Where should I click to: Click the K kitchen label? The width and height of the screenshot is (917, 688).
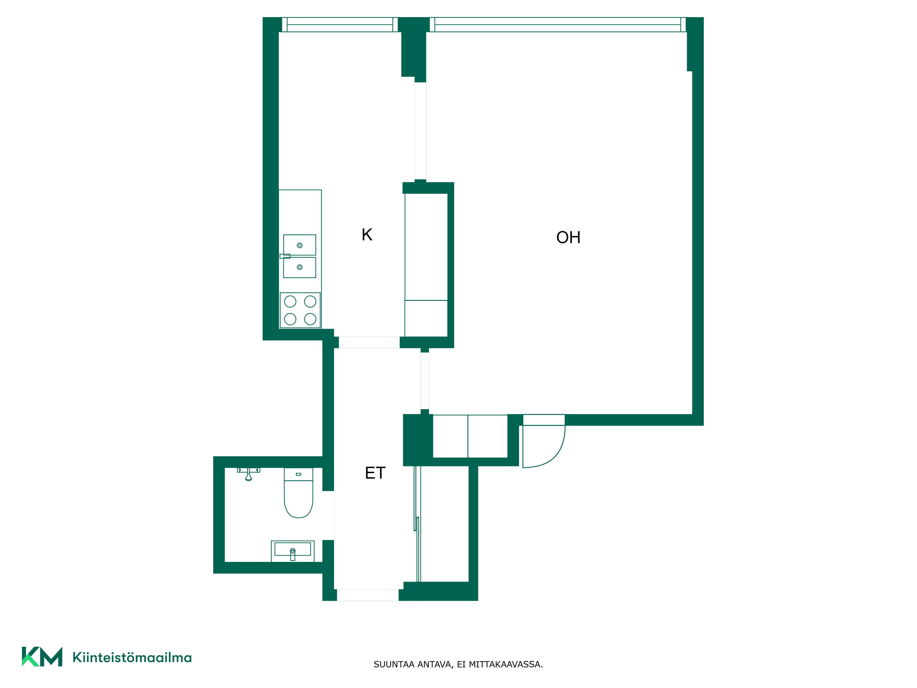pyautogui.click(x=367, y=235)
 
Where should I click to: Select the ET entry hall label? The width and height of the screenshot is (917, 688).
pyautogui.click(x=375, y=473)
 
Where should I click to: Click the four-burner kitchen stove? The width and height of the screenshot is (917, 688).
pyautogui.click(x=300, y=310)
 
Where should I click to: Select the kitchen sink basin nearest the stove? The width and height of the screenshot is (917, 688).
pyautogui.click(x=300, y=267)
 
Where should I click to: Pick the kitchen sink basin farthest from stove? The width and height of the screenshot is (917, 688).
pyautogui.click(x=300, y=245)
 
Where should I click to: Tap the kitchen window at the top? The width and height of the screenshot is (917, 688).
pyautogui.click(x=340, y=25)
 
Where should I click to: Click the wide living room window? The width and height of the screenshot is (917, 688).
pyautogui.click(x=558, y=25)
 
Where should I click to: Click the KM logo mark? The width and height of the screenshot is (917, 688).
pyautogui.click(x=42, y=657)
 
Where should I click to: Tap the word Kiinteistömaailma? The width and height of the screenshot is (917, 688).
pyautogui.click(x=132, y=657)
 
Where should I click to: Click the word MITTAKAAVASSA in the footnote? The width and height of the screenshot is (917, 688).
pyautogui.click(x=506, y=664)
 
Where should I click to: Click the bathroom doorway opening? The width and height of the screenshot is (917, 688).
pyautogui.click(x=328, y=516)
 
